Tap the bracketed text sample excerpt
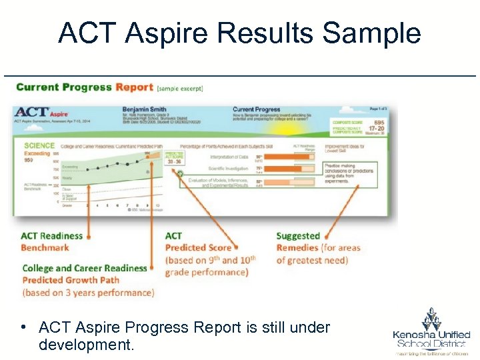coord(180,88)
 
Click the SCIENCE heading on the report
coord(39,145)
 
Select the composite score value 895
coord(378,122)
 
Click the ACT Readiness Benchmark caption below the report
coord(52,241)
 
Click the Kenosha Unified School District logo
coord(431,331)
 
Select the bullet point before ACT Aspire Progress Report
coord(23,327)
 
